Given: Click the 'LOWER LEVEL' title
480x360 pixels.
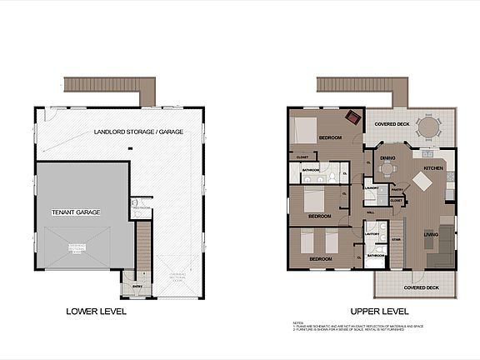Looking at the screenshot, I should [x=97, y=312].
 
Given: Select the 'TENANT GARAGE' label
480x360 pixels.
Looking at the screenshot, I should [x=75, y=212].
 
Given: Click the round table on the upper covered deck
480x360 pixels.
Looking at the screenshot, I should [x=431, y=127].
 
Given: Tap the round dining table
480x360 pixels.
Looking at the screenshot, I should [x=387, y=167].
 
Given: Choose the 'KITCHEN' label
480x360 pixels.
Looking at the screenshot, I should [x=434, y=167].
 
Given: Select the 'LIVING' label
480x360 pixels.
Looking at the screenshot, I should [x=430, y=234].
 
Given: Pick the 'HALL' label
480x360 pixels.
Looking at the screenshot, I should [x=371, y=212].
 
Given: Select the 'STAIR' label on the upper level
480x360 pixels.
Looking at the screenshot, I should [x=396, y=239].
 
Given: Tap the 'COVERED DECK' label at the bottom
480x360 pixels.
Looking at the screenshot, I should [x=421, y=287].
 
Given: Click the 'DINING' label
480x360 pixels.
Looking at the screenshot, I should [x=387, y=157].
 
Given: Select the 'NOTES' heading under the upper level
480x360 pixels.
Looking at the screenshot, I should [x=297, y=321].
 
